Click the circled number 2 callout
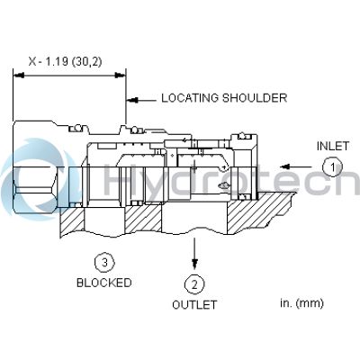click(194, 284)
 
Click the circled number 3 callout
click(105, 263)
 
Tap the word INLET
click(333, 145)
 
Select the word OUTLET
click(194, 305)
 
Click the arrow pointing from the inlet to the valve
click(297, 166)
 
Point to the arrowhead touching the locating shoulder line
click(131, 98)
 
